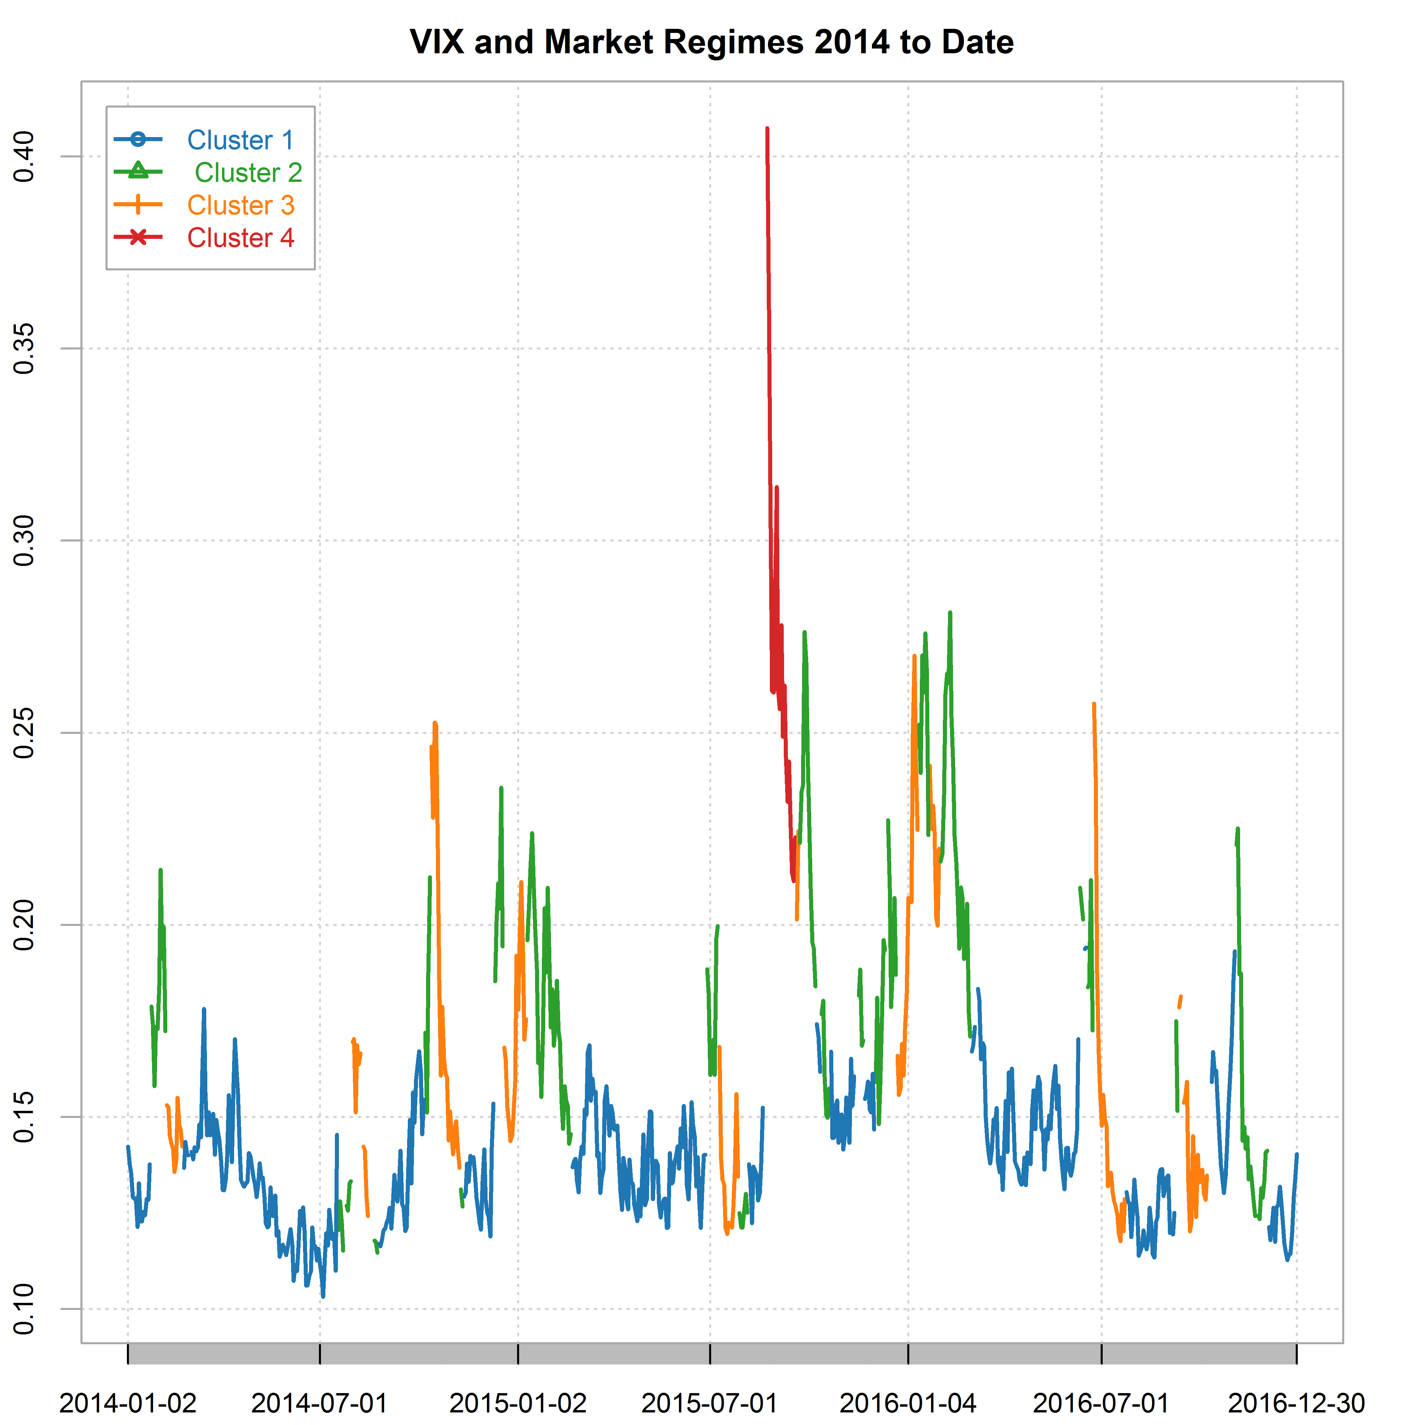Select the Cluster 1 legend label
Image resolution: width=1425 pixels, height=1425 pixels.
tap(241, 140)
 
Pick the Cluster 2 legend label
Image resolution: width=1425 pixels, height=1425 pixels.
tap(248, 173)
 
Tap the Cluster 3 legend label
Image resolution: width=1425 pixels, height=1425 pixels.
tap(241, 205)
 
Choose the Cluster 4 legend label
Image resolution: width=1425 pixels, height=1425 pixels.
tap(241, 237)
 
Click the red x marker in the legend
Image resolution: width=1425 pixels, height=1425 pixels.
tap(138, 237)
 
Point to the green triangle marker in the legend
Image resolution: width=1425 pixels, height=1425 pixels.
tap(138, 172)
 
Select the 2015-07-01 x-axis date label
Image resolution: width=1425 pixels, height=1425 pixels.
tap(709, 1402)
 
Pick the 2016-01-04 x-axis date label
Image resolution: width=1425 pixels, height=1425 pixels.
tap(908, 1402)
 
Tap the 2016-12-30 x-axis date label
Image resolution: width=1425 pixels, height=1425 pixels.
tap(1296, 1402)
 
